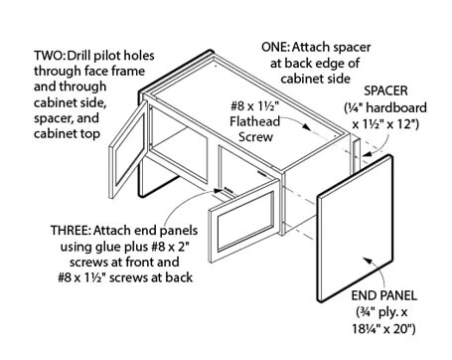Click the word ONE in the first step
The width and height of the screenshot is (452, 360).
point(275,47)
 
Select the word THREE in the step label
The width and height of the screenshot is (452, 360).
point(71,230)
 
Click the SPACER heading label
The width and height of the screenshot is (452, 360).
point(385,90)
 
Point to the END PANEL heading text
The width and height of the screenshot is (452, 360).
point(384,295)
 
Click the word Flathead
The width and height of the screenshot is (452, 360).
point(255,121)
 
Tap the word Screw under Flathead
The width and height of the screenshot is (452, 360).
point(255,137)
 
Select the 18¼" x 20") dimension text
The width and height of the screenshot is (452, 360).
point(383,329)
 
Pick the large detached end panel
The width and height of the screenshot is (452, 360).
point(356,228)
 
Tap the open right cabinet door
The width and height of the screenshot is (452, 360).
point(244,221)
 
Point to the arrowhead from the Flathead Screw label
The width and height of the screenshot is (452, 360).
point(306,127)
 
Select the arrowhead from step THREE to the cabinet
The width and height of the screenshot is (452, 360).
point(218,191)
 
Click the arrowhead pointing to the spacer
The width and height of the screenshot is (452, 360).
point(367,153)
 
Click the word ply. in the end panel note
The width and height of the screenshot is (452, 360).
point(387,312)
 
